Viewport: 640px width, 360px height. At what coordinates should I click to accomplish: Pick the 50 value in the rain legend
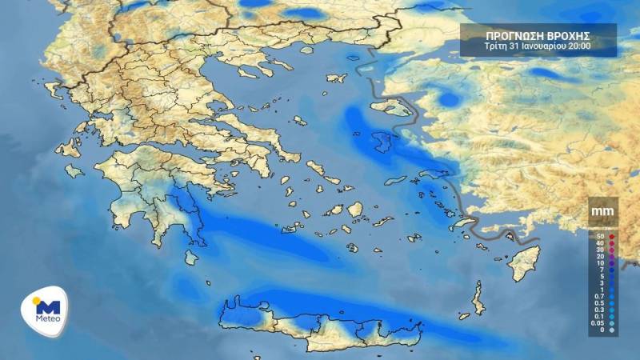pyautogui.click(x=600, y=237)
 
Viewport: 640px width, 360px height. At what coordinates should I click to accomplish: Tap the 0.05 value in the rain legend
pyautogui.click(x=598, y=322)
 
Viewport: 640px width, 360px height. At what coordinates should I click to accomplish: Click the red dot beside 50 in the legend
pyautogui.click(x=612, y=237)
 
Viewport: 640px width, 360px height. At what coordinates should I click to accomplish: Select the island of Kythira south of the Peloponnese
pyautogui.click(x=190, y=257)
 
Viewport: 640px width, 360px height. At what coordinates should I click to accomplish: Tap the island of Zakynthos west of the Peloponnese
pyautogui.click(x=74, y=170)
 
